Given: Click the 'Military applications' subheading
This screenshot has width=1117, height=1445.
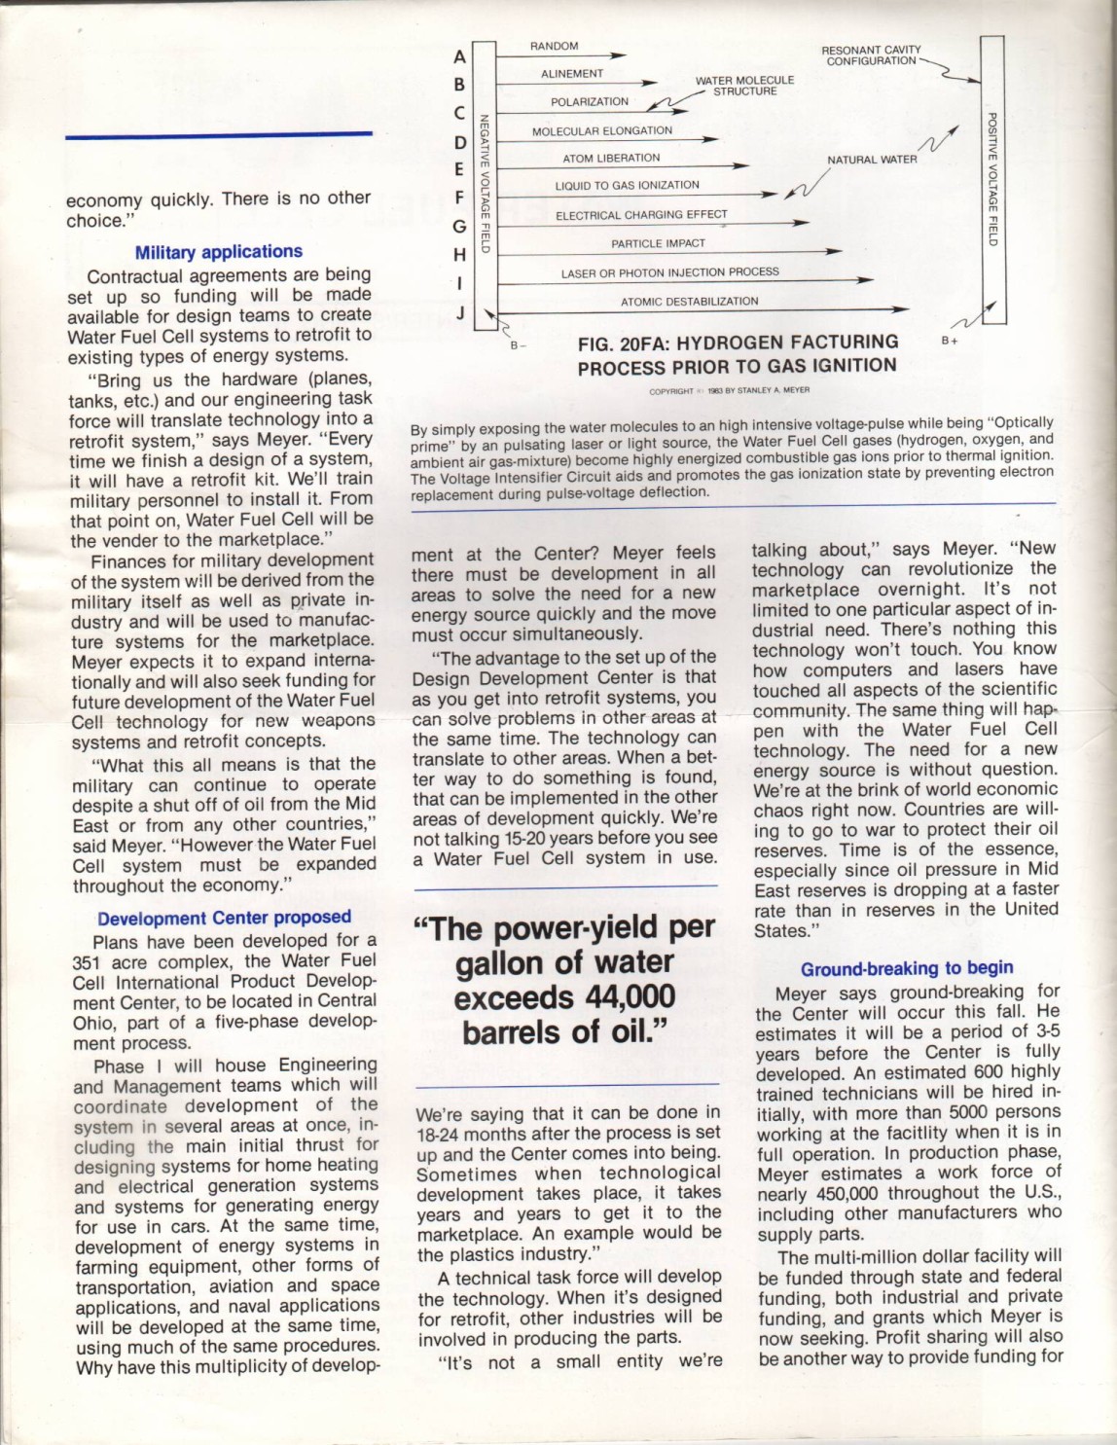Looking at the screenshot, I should coord(218,252).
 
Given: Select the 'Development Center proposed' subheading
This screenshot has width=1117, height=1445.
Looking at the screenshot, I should coord(224,918).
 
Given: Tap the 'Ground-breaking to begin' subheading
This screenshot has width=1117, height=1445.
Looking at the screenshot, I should coord(907,968).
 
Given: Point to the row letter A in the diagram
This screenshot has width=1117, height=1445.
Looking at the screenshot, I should coord(459,56).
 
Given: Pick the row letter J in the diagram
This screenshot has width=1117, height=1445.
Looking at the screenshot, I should coord(460,313).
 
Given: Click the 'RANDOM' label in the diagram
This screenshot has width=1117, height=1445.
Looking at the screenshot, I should coord(554,46).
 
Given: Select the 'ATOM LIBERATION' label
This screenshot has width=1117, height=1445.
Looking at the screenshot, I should coord(610,158).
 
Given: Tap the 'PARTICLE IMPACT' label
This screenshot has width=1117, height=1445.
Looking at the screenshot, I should coord(658,243).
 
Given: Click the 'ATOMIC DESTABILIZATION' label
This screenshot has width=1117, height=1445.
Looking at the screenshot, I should coord(689,302).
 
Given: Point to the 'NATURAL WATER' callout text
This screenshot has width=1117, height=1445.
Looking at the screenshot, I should coord(872,160).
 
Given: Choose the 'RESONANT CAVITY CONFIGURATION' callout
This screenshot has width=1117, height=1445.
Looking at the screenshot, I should coord(871,55).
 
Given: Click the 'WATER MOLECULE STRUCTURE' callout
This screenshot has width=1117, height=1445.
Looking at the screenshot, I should coord(744,86).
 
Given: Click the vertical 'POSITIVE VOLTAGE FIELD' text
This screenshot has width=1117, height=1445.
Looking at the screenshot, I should coord(992,179).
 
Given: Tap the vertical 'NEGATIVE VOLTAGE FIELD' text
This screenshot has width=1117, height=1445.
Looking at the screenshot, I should coord(484,184).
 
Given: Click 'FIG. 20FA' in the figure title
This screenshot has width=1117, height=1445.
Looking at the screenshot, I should coord(620,343).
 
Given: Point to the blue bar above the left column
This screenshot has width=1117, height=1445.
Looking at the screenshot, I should coord(219,134).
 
